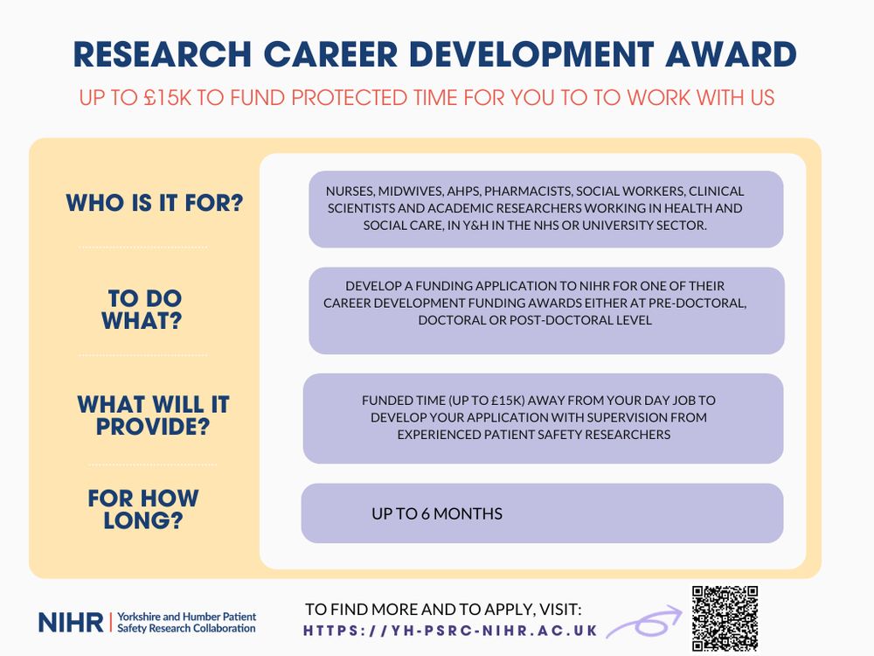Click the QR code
tap(725, 618)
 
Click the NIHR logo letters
tap(71, 622)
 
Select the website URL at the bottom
tap(450, 631)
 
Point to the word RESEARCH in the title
tap(163, 54)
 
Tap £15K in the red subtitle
tap(167, 98)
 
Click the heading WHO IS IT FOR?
tap(155, 203)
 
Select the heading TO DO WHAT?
tap(142, 310)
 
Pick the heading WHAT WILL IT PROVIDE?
tap(153, 415)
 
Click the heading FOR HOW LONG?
tap(143, 509)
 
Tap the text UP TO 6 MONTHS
tap(437, 513)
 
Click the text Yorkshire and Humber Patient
tap(187, 617)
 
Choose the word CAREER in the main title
tap(330, 54)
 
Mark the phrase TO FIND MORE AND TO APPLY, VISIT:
tap(443, 609)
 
